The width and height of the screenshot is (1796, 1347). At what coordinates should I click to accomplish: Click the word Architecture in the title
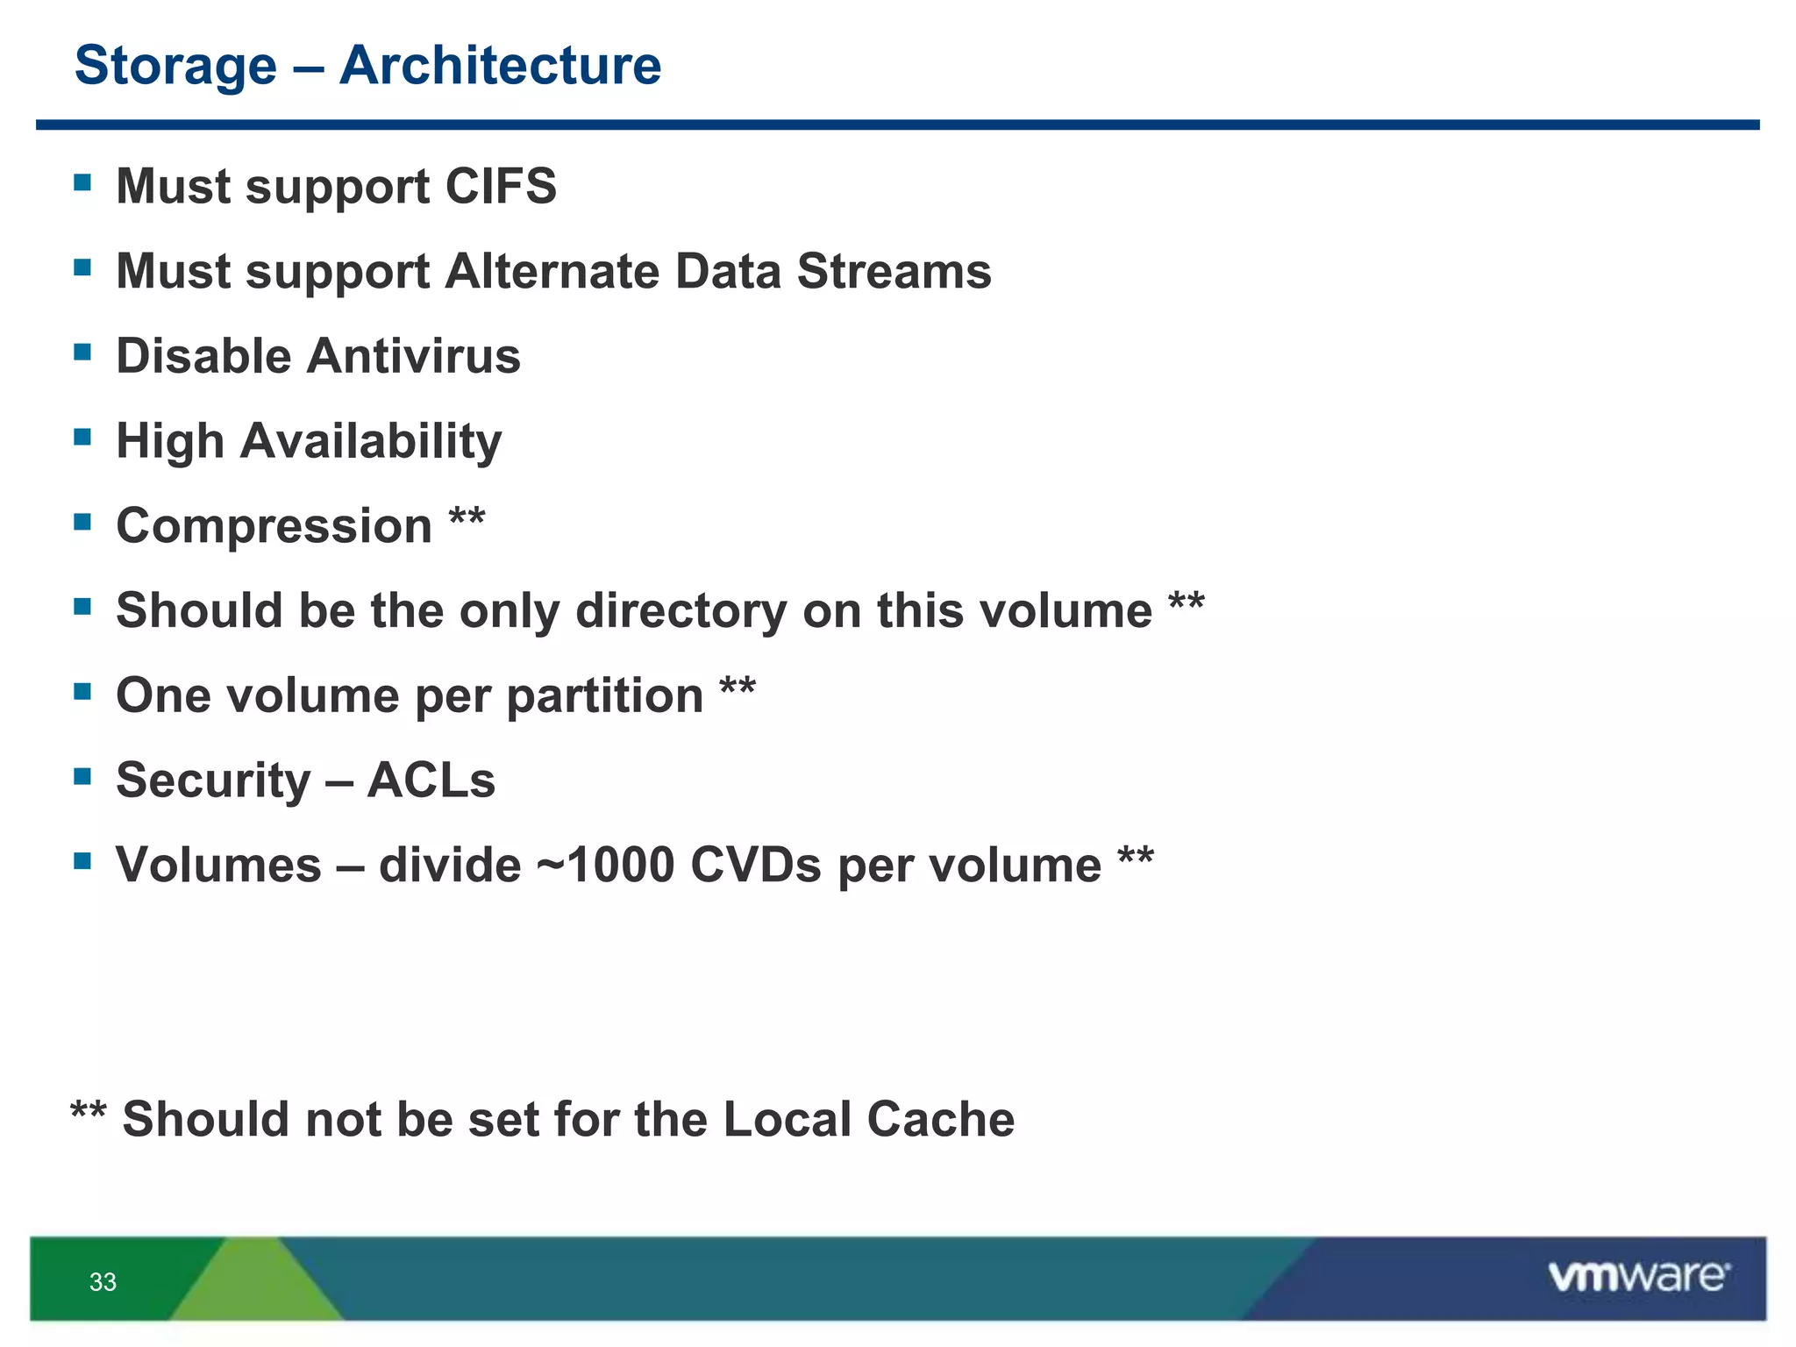coord(500,66)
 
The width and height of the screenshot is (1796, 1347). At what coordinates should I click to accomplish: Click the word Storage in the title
coord(175,68)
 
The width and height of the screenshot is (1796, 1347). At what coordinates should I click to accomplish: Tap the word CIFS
coord(501,186)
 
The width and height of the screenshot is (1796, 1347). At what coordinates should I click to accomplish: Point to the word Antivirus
coord(414,356)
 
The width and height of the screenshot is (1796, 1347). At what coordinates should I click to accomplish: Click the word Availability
coord(370,442)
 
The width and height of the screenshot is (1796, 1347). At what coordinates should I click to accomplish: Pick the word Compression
coord(274,527)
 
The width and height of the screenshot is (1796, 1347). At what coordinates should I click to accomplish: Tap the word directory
coord(681,611)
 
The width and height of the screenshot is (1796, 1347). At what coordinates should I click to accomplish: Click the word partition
coord(605,696)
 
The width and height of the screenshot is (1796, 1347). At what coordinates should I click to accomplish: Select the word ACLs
coord(431,780)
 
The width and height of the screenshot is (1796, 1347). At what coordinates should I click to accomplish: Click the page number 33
coord(103,1282)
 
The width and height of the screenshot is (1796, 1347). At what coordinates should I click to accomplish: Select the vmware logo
coord(1638,1277)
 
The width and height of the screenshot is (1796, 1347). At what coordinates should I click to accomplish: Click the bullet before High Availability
coord(83,437)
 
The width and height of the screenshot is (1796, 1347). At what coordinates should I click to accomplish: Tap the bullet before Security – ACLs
coord(83,776)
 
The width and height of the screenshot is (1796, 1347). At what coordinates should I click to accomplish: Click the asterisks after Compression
coord(467,517)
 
